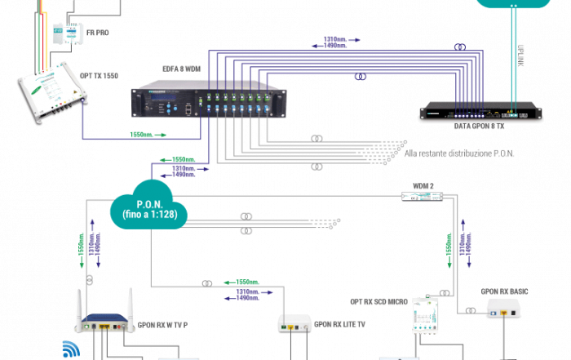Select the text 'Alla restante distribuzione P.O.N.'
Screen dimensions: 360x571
point(459,153)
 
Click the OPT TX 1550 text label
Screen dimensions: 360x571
point(100,74)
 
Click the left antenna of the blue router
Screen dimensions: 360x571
point(81,304)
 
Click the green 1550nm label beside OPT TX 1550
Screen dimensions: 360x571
point(140,135)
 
